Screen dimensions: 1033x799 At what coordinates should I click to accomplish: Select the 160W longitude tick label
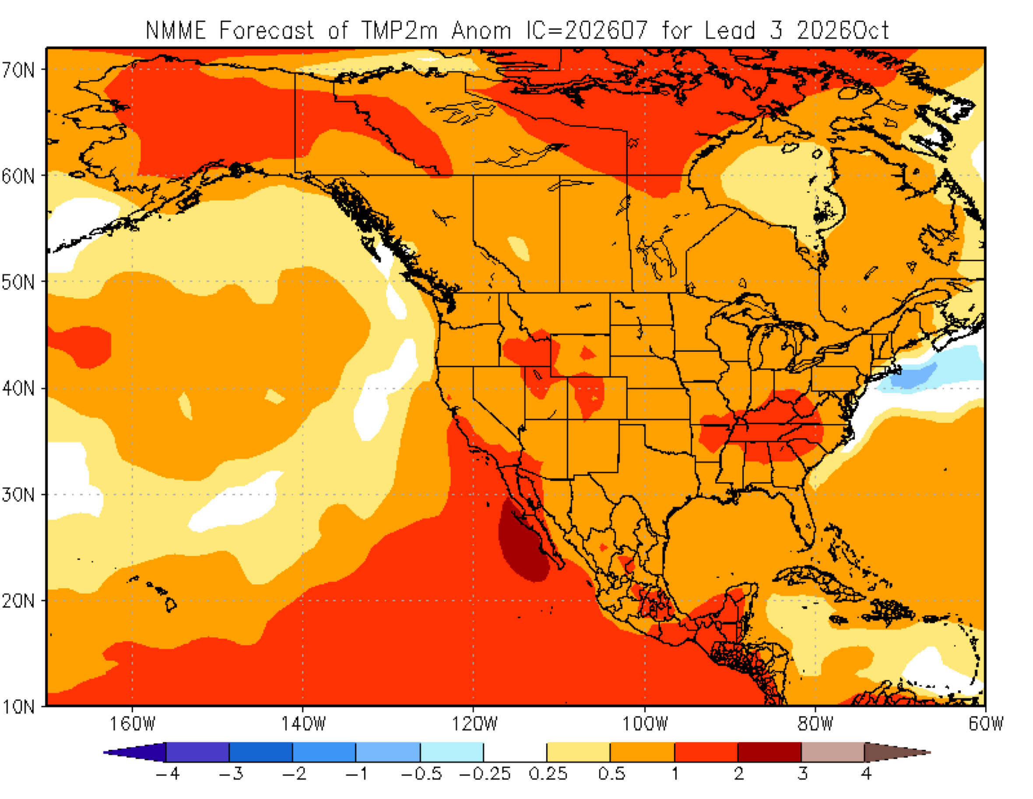point(133,723)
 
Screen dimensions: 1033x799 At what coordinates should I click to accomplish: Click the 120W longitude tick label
point(474,723)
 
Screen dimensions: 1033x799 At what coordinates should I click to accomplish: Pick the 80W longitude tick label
point(815,723)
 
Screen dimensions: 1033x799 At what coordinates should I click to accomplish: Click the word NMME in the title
point(176,31)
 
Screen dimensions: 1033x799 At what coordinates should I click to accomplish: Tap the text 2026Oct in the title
point(843,31)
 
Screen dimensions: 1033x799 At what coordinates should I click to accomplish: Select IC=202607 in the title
point(587,31)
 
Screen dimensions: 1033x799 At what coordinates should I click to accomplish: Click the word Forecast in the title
point(266,31)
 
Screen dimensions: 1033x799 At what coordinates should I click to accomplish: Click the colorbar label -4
point(168,774)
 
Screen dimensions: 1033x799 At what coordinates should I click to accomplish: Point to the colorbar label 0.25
point(548,774)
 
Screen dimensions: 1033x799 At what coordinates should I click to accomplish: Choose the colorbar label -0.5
point(421,774)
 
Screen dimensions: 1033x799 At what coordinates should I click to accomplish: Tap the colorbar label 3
point(802,774)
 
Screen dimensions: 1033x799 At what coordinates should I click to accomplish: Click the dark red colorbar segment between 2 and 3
point(769,752)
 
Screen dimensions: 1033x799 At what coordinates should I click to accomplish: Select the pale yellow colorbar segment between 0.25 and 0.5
point(578,752)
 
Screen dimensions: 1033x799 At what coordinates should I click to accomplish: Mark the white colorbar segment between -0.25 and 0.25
point(515,752)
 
